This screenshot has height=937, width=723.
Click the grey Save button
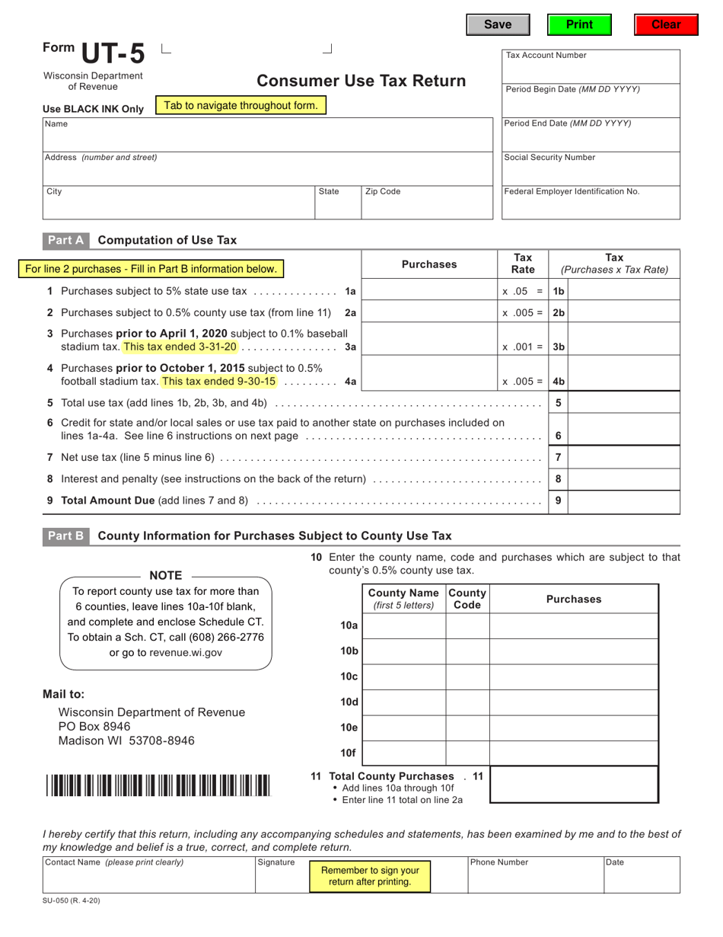tap(498, 25)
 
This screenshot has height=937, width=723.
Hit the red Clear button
tap(666, 25)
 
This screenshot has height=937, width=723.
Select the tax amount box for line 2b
tap(623, 312)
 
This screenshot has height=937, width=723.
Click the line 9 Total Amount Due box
tap(623, 501)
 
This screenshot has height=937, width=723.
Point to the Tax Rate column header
tap(523, 264)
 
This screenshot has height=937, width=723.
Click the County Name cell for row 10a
tap(403, 625)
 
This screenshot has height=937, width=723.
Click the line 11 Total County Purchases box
tap(574, 784)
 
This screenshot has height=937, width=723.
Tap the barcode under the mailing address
tap(158, 785)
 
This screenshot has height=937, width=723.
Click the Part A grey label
tap(65, 240)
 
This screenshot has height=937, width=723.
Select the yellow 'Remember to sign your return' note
tap(370, 876)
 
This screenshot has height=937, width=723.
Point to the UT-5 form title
tap(112, 54)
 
